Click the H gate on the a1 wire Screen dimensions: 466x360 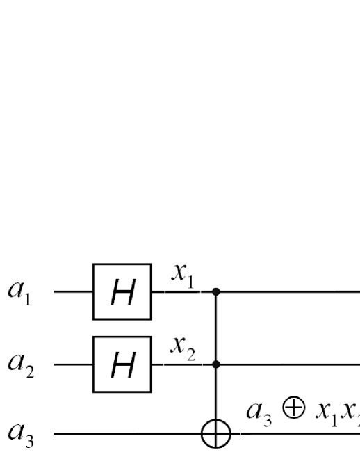(x=122, y=292)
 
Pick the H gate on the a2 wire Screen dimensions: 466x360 (x=122, y=363)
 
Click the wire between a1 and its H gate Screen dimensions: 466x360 (x=73, y=292)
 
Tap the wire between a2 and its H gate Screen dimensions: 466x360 (x=73, y=363)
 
